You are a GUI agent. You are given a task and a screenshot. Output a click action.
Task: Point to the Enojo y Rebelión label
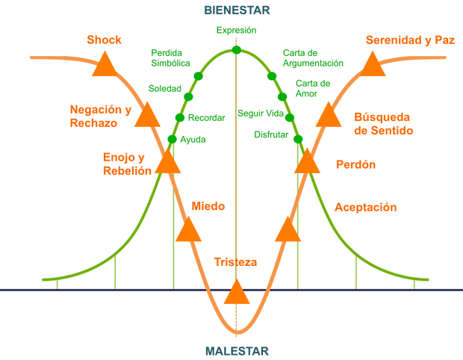122,164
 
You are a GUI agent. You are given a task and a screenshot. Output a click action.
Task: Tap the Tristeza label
236,262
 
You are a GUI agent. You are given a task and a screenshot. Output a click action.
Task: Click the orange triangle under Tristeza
237,292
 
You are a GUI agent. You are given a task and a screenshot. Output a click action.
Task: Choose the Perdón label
345,164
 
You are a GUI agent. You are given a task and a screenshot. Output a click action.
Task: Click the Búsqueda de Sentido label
382,122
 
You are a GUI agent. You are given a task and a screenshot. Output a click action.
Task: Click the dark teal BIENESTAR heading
237,10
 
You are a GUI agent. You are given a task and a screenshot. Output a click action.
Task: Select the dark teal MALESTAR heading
237,350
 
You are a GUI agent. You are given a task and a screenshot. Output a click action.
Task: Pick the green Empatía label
236,31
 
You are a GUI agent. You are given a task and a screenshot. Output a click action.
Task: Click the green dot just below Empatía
236,50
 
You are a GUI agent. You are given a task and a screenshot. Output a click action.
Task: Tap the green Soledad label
165,88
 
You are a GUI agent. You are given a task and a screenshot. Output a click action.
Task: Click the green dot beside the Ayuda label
172,140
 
